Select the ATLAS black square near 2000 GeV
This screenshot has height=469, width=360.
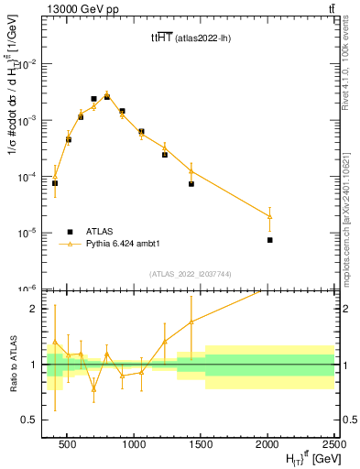pyautogui.click(x=269, y=240)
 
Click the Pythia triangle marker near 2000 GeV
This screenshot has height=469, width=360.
pyautogui.click(x=269, y=216)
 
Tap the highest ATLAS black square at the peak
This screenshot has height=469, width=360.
pyautogui.click(x=107, y=95)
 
